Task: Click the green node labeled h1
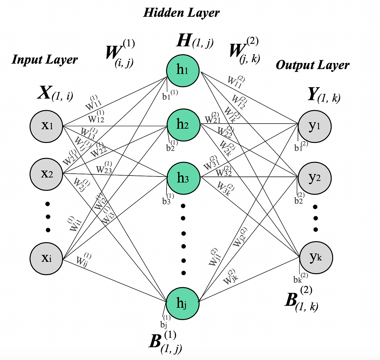pos(183,70)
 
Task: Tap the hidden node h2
pos(183,125)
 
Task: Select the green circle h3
pos(183,178)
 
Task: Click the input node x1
pos(47,126)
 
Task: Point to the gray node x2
pos(47,174)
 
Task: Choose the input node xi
pos(47,259)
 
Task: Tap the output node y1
pos(314,126)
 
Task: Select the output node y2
pos(314,178)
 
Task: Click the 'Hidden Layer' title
pos(181,13)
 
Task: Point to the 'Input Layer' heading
pos(45,59)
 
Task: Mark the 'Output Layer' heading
pos(313,65)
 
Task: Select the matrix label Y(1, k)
pos(324,95)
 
